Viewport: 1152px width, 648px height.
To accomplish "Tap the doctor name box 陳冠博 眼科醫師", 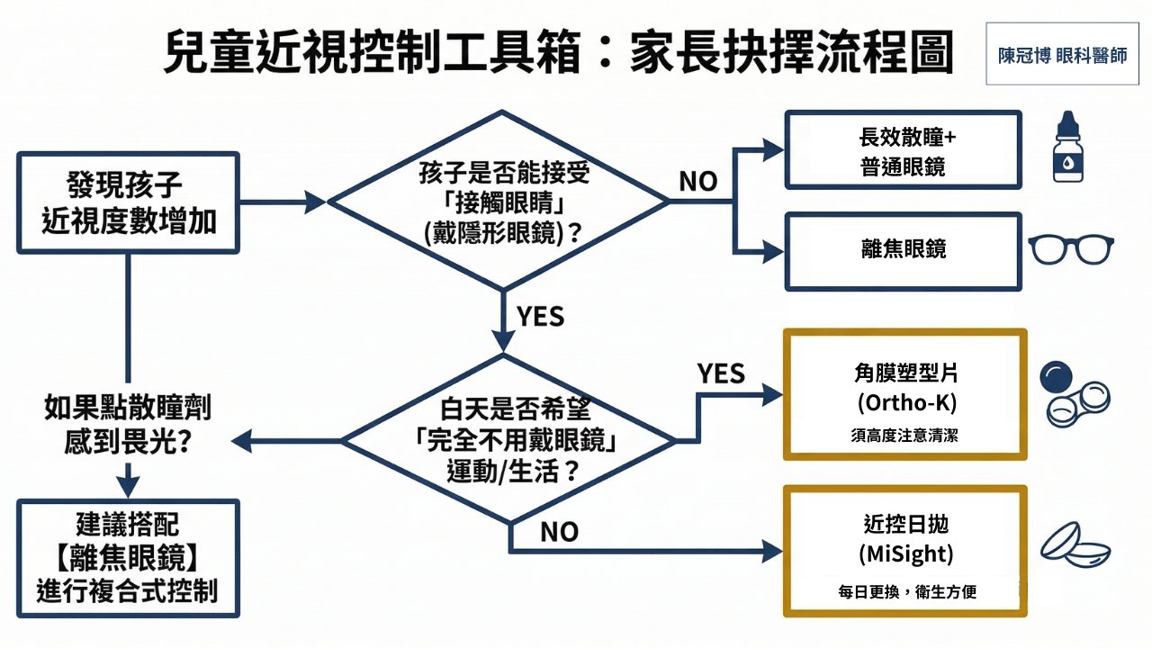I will coord(1062,55).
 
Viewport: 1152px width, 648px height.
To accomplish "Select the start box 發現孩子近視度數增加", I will coord(129,202).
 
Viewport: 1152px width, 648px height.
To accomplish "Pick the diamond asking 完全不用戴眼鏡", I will coord(509,441).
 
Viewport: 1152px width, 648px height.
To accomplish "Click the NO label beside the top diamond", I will coord(697,181).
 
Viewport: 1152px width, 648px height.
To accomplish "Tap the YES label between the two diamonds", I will coord(540,317).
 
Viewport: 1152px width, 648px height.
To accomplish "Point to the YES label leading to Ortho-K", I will coord(721,373).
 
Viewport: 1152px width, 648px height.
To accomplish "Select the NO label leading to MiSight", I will coord(559,532).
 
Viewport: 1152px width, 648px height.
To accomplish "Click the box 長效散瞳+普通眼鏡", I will coord(903,150).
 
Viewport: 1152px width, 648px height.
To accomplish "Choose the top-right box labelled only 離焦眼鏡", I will coord(903,251).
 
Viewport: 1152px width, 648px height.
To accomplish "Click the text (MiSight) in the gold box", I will coord(905,553).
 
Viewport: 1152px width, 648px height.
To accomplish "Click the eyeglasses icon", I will coord(1071,250).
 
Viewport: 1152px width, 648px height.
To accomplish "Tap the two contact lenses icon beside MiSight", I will coord(1075,544).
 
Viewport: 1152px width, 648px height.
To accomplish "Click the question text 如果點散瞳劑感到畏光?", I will coord(128,424).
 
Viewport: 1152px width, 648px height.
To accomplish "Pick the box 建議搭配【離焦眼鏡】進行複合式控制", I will coord(128,558).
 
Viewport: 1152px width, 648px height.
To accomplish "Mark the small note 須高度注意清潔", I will coord(904,436).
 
